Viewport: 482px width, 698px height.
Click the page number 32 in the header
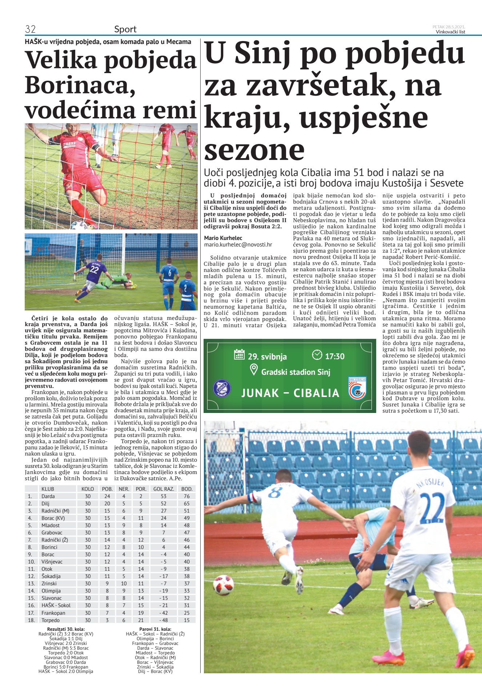tap(30, 29)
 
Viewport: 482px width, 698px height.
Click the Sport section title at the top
tap(125, 29)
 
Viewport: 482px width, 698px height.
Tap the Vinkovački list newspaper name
tap(450, 32)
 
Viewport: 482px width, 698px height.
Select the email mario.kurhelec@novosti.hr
tap(238, 245)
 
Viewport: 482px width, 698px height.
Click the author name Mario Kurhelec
tap(223, 238)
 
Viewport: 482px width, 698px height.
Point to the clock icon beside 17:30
tap(317, 355)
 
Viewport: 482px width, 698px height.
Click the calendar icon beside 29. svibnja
tap(239, 354)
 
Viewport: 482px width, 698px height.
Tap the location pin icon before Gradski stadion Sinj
tap(254, 370)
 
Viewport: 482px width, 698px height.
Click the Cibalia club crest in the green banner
tap(357, 389)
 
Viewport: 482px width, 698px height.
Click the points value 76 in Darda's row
tap(186, 496)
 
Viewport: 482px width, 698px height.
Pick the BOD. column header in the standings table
tap(186, 489)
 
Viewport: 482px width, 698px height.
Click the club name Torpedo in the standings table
tap(51, 620)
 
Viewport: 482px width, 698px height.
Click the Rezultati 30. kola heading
tap(66, 629)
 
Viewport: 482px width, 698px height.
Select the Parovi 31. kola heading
tap(155, 629)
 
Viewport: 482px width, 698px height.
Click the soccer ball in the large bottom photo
tap(224, 585)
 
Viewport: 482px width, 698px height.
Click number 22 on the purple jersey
tap(94, 269)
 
